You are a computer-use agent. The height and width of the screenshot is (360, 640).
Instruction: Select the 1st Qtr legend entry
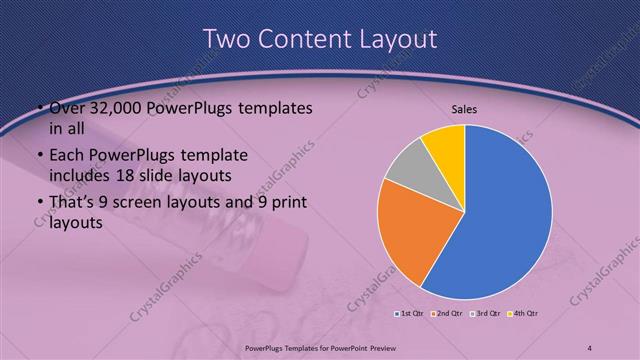pyautogui.click(x=410, y=314)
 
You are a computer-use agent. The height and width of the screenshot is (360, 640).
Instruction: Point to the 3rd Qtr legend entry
pyautogui.click(x=486, y=314)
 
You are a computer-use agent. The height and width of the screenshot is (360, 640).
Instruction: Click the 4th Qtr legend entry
pyautogui.click(x=524, y=314)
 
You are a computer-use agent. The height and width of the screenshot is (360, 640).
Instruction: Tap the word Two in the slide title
pyautogui.click(x=228, y=40)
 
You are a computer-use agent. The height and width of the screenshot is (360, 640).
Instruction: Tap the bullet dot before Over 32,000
pyautogui.click(x=39, y=108)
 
